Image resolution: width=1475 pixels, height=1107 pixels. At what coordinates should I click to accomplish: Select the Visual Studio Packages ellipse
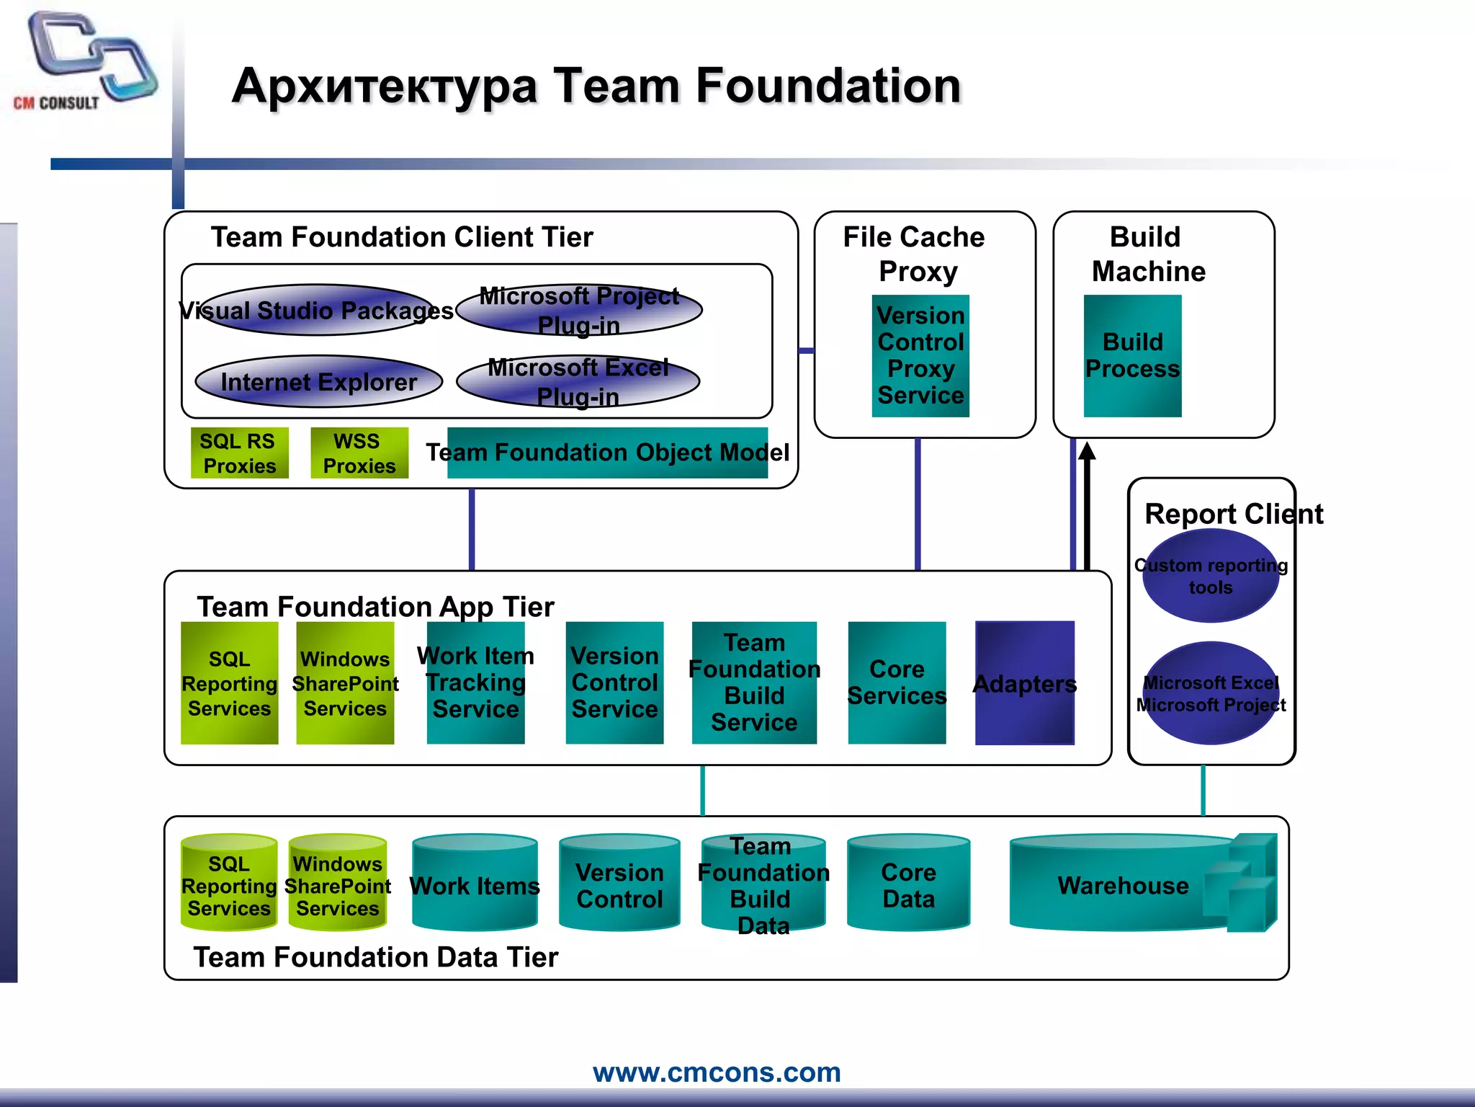pos(317,310)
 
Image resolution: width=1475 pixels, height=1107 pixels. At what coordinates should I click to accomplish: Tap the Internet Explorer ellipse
pos(318,381)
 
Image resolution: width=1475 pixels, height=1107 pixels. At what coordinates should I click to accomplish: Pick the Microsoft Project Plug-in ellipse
pos(579,310)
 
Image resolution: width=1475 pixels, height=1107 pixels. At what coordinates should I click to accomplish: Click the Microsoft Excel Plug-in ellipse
pos(578,382)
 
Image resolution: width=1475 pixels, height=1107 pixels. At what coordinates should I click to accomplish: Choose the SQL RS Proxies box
pos(239,453)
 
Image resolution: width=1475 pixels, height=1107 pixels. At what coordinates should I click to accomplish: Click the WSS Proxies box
pos(359,453)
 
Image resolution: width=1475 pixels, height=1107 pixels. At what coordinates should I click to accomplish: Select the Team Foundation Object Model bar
pos(607,453)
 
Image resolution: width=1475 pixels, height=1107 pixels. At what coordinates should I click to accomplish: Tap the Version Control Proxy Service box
pos(920,355)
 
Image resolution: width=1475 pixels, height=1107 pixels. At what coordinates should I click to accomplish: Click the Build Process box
pos(1132,355)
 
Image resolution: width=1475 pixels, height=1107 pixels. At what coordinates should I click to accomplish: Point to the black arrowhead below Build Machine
pos(1088,451)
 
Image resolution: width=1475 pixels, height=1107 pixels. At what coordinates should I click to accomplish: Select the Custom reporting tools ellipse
pos(1211,576)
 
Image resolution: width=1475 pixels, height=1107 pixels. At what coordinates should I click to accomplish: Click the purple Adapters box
pos(1024,683)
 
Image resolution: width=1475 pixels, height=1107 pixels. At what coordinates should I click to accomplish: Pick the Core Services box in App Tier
pos(897,683)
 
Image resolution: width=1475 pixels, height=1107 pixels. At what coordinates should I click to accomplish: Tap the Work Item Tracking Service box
pos(475,683)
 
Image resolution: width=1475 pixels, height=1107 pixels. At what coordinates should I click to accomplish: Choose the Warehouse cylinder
pos(1124,884)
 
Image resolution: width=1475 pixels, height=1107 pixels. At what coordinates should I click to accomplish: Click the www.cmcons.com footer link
pos(717,1072)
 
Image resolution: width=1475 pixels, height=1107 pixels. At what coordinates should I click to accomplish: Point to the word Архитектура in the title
pos(385,86)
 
